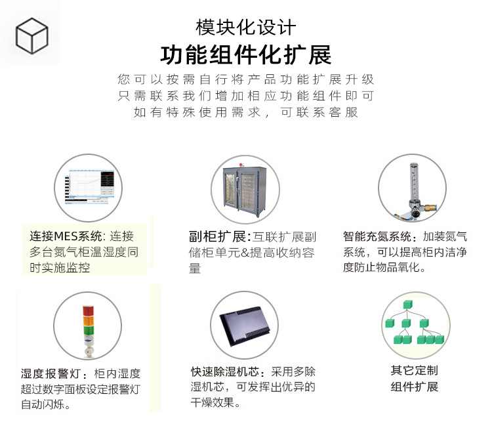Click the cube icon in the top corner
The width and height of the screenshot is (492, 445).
(31, 36)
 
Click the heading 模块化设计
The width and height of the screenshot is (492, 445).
(246, 28)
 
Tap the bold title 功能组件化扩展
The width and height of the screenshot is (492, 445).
(246, 54)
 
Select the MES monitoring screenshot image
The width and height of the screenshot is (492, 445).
(89, 188)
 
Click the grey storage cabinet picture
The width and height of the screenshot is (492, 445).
(245, 190)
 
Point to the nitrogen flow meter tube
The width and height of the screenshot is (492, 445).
(415, 182)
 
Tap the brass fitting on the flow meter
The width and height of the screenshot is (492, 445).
(430, 207)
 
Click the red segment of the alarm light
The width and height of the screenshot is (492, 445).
(88, 311)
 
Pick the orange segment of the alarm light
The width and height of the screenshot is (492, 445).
(88, 321)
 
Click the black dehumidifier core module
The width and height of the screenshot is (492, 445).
(245, 326)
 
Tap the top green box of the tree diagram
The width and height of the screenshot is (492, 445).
(407, 305)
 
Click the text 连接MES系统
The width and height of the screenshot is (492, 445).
(65, 236)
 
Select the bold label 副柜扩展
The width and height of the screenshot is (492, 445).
(217, 236)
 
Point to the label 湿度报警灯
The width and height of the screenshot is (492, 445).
(51, 373)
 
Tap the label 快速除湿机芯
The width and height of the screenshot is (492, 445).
(224, 372)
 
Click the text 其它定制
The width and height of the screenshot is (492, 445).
(414, 371)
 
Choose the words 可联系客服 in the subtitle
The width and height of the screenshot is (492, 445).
(319, 112)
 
